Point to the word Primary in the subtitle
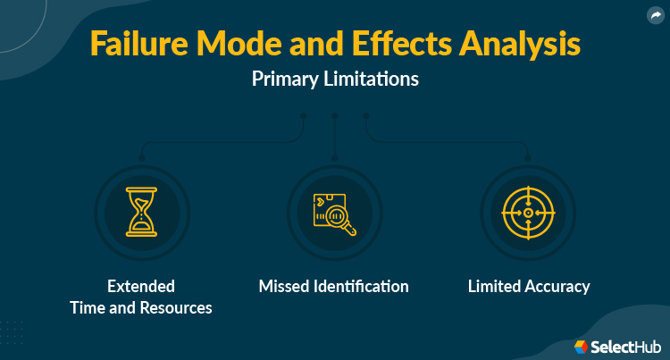[285, 79]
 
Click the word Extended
[141, 287]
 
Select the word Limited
[496, 287]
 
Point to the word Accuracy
[559, 287]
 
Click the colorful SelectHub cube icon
[580, 346]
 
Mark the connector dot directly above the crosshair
[528, 158]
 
